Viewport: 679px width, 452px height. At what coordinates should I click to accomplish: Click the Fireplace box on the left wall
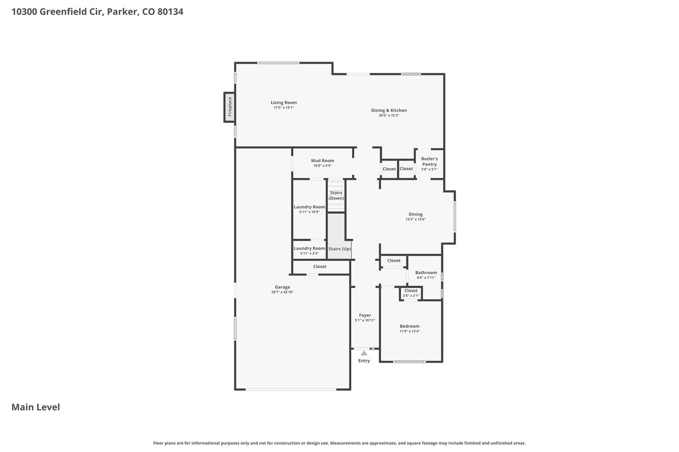click(x=230, y=107)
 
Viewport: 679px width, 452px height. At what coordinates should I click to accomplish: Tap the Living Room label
click(x=284, y=103)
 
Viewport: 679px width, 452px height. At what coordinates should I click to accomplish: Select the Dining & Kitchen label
click(x=389, y=111)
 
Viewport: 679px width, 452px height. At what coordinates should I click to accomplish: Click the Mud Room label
click(x=323, y=161)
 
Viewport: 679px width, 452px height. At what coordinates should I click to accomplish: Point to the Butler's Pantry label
click(x=430, y=162)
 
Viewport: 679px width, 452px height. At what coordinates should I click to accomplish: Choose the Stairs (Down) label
click(x=336, y=196)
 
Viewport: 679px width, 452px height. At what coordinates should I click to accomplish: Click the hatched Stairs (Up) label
click(x=339, y=249)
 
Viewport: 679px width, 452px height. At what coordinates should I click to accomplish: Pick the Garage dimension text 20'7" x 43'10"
click(x=282, y=292)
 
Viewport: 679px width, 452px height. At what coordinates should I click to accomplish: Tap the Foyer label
click(x=365, y=315)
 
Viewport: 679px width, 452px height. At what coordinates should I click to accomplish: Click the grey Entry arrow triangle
click(x=364, y=353)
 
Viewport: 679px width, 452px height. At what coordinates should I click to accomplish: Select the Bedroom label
click(x=410, y=326)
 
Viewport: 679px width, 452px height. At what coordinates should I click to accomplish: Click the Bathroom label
click(x=426, y=272)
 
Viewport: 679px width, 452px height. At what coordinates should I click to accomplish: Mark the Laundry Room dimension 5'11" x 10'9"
click(x=309, y=212)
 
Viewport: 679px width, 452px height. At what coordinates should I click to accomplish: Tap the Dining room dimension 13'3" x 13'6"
click(x=415, y=219)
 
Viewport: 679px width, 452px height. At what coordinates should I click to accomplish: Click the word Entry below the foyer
click(x=364, y=360)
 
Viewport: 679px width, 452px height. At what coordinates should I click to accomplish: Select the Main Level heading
click(x=36, y=407)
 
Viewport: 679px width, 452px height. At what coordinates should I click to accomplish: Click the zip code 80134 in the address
click(x=170, y=12)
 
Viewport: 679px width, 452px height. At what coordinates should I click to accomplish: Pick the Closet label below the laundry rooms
click(x=320, y=267)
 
